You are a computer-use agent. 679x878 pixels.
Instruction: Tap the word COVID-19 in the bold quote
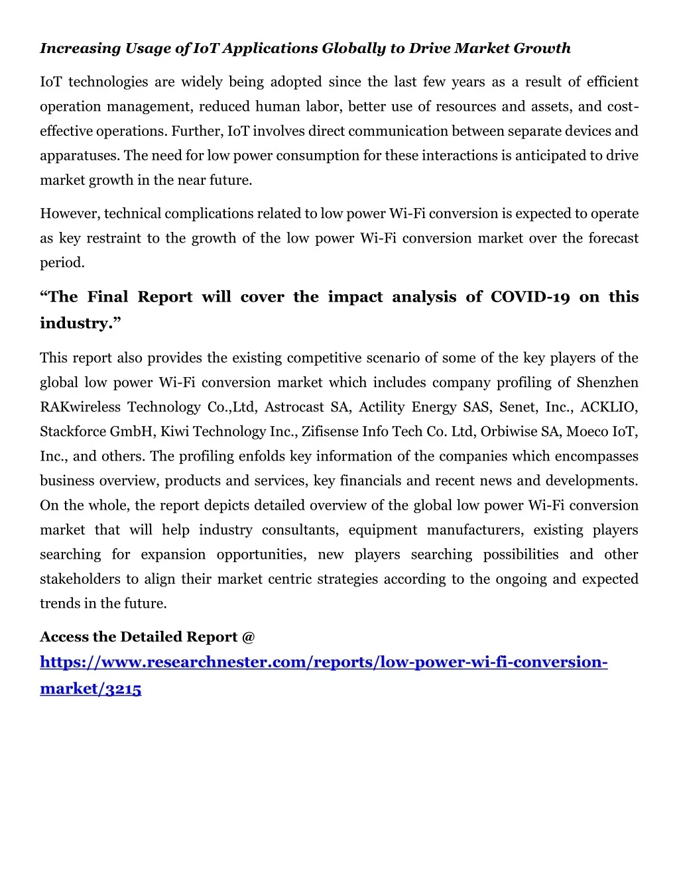(x=530, y=297)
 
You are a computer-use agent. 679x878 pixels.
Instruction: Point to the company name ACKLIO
(x=609, y=407)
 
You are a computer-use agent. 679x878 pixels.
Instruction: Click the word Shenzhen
(x=607, y=382)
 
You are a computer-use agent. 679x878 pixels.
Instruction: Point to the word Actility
(x=383, y=407)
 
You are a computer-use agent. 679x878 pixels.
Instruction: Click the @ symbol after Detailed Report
(x=249, y=637)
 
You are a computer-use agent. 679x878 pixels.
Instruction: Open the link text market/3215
(x=91, y=688)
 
